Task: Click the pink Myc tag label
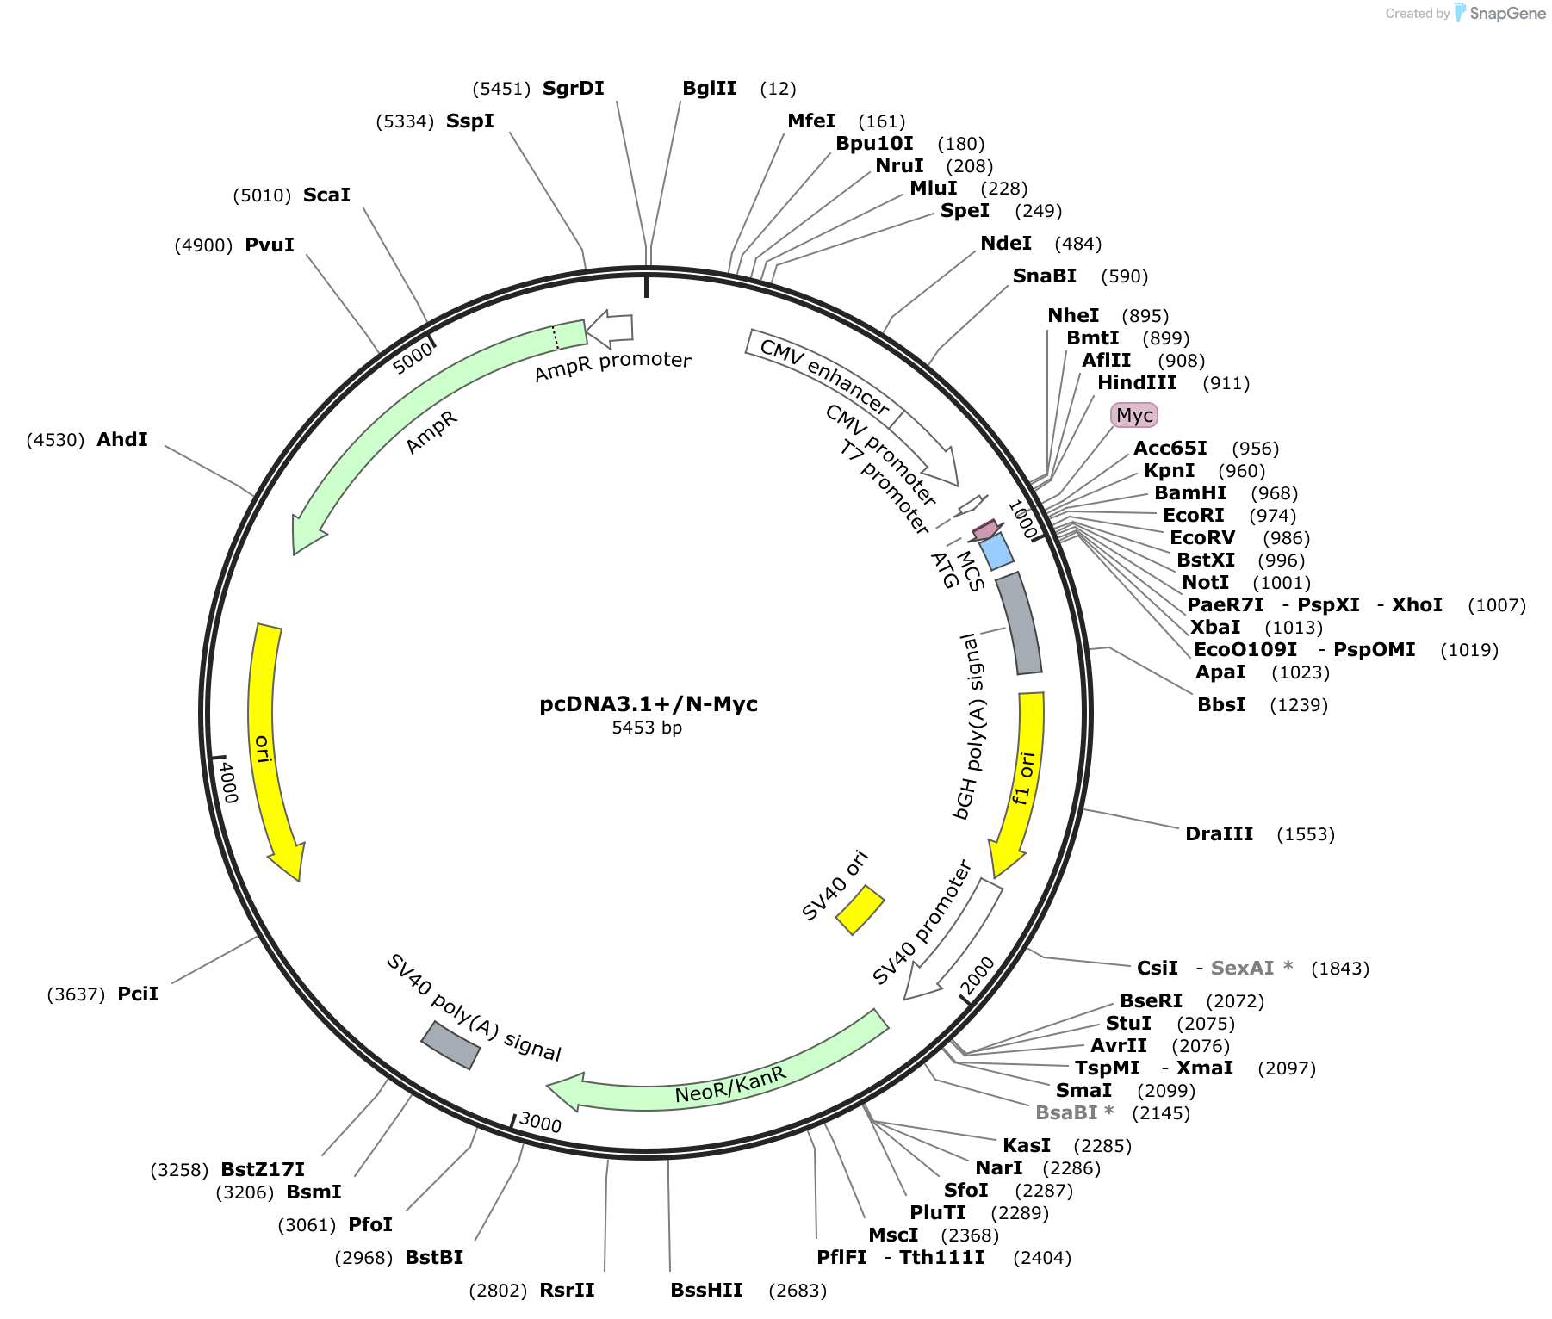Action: pyautogui.click(x=1134, y=415)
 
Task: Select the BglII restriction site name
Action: pyautogui.click(x=709, y=88)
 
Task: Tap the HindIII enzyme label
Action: pyautogui.click(x=1137, y=382)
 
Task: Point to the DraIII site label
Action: pyautogui.click(x=1219, y=833)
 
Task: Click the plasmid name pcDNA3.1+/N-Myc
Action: pyautogui.click(x=649, y=703)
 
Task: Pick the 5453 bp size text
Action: pyautogui.click(x=647, y=728)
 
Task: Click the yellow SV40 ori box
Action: pyautogui.click(x=860, y=909)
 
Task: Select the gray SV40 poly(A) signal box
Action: pyautogui.click(x=450, y=1045)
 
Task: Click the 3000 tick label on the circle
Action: pyautogui.click(x=540, y=1123)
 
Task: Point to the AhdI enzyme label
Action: pyautogui.click(x=122, y=439)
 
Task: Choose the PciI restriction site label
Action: pyautogui.click(x=138, y=994)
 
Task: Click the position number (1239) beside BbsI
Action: pyautogui.click(x=1299, y=705)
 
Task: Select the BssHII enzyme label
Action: pyautogui.click(x=706, y=1290)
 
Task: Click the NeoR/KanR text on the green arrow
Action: pyautogui.click(x=730, y=1085)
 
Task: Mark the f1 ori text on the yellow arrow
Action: pyautogui.click(x=1022, y=778)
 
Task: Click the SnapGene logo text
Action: pyautogui.click(x=1507, y=13)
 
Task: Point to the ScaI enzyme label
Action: pyautogui.click(x=326, y=195)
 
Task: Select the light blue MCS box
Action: pyautogui.click(x=996, y=551)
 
